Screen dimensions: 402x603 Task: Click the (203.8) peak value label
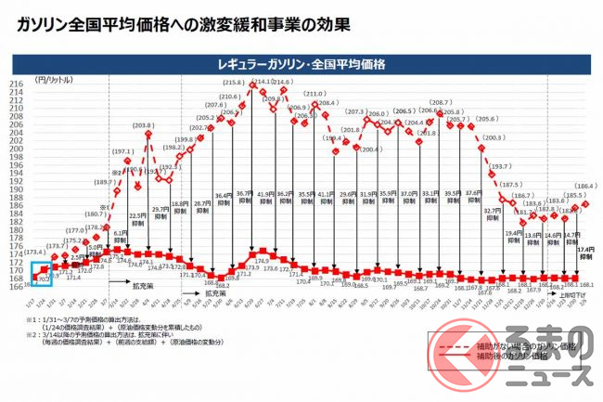[145, 125]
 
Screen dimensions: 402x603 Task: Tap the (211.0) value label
[315, 95]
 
